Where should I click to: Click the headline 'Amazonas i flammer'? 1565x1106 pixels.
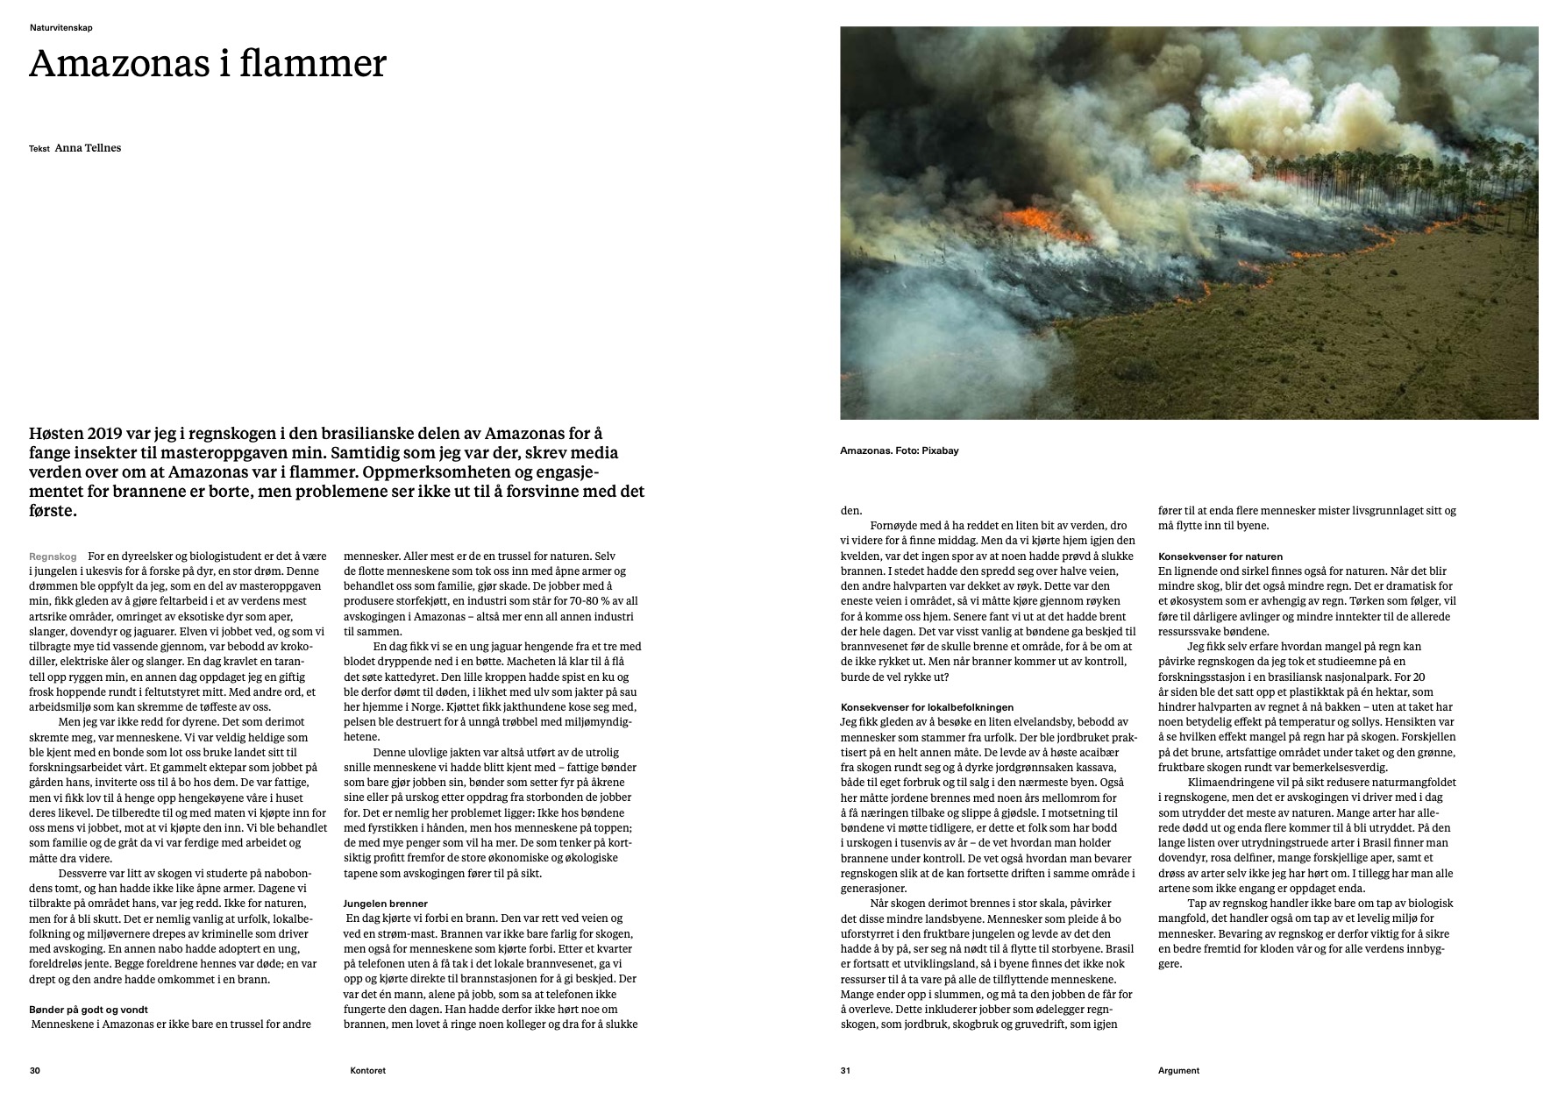[x=208, y=64]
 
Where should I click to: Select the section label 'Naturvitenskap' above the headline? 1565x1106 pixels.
[x=60, y=28]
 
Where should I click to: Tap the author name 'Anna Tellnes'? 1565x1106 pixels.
[x=88, y=148]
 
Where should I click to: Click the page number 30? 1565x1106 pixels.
[x=35, y=1070]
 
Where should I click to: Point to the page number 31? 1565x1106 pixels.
[x=846, y=1070]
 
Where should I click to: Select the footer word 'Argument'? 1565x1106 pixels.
[x=1178, y=1070]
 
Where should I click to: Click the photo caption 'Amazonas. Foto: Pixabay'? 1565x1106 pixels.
[x=899, y=450]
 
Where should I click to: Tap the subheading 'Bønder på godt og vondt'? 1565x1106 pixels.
[x=95, y=1010]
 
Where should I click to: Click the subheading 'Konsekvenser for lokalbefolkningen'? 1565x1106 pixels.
[x=927, y=706]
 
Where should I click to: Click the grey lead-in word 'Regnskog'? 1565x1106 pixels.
[x=53, y=557]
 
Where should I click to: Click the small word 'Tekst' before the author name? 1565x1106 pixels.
[x=39, y=149]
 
